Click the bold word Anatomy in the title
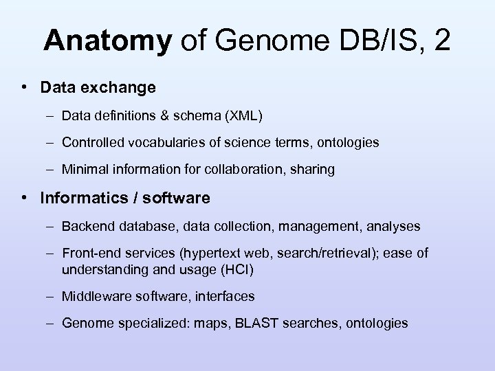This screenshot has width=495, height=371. pos(107,42)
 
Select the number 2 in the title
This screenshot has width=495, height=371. pos(441,42)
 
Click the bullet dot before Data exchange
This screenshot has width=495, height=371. pos(24,87)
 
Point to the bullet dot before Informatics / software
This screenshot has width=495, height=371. pos(24,198)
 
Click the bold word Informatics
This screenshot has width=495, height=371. pos(84,198)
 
